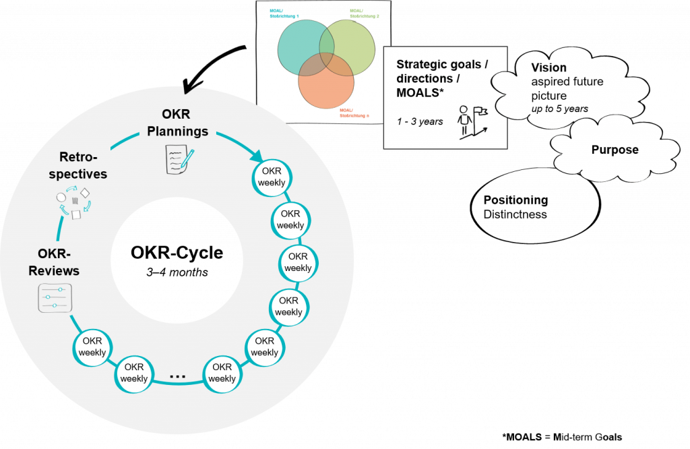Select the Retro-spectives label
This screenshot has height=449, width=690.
click(84, 164)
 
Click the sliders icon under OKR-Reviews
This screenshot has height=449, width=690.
click(54, 298)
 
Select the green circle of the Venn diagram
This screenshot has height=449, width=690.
click(353, 46)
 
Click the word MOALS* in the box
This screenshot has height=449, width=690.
click(420, 92)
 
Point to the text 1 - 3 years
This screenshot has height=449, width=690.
click(420, 121)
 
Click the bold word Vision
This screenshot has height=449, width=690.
click(548, 67)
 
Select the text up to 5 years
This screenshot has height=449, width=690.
click(559, 109)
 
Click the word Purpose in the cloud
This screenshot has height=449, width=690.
click(614, 150)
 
